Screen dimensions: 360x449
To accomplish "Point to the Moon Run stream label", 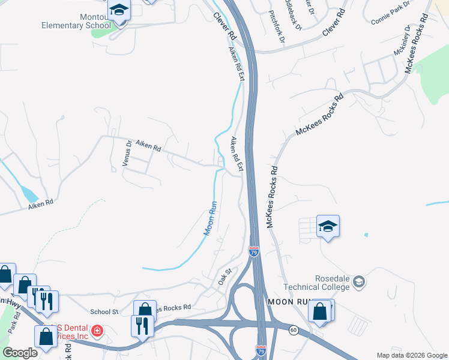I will (209, 218).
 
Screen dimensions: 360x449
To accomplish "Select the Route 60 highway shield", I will (293, 330).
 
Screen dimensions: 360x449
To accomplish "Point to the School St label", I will (104, 312).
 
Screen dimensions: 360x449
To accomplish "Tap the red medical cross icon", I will (96, 331).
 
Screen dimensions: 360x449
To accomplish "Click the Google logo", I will (20, 353).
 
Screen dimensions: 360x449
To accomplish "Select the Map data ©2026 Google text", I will (411, 356).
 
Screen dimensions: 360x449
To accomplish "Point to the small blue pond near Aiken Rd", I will (28, 193).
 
